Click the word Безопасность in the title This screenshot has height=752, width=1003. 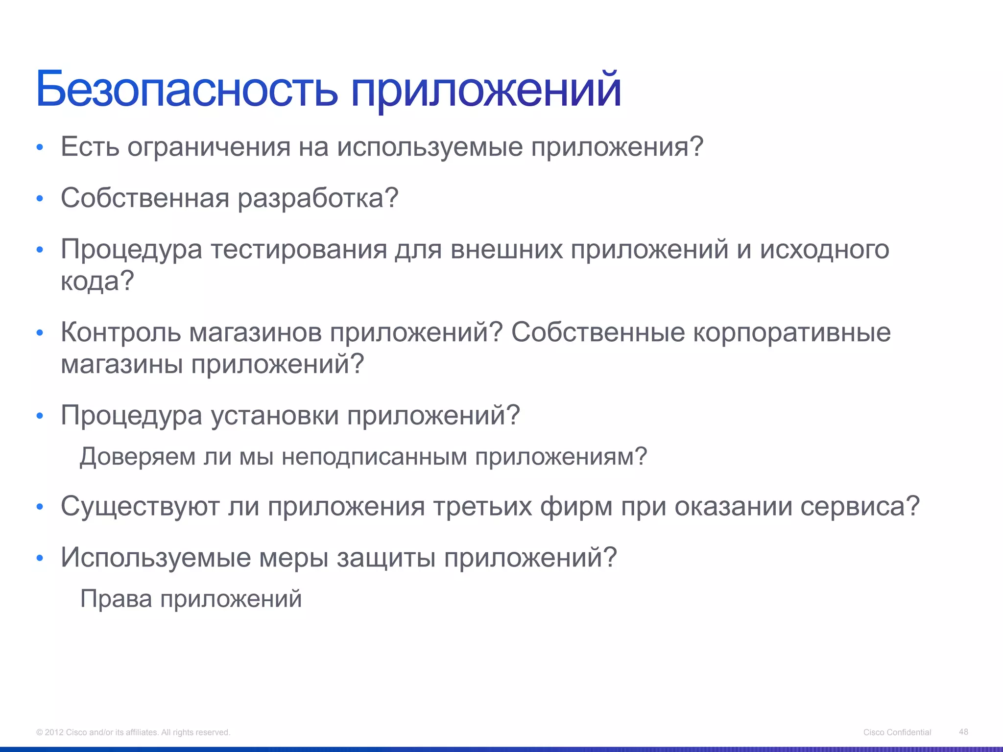tap(186, 89)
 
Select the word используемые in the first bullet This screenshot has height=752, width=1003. tap(430, 147)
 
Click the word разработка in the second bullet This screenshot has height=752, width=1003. tap(313, 198)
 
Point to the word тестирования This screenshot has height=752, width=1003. tap(299, 249)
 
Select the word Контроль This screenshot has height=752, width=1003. tap(120, 332)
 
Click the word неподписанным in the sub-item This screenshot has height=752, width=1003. tap(374, 457)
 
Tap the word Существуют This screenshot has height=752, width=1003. tap(140, 506)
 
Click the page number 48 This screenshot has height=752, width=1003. tap(963, 731)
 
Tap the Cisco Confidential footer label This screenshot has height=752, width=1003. tap(897, 732)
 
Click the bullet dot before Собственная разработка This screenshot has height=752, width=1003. tap(40, 199)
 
